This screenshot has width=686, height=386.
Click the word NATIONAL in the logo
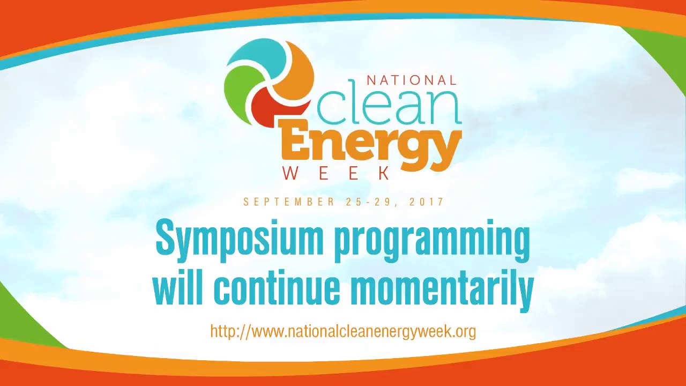[411, 80]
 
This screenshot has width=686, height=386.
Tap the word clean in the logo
[389, 103]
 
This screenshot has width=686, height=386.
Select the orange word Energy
[370, 143]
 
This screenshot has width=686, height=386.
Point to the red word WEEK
[337, 173]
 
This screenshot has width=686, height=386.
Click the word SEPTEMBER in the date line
[289, 202]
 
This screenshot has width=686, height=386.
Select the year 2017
[427, 202]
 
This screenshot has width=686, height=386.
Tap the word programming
[432, 241]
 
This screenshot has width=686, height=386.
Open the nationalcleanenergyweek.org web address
[343, 331]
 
